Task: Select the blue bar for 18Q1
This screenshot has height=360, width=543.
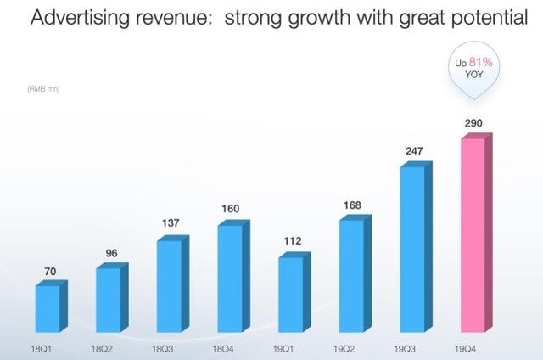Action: [x=48, y=309]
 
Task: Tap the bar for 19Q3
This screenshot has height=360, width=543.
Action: [x=411, y=250]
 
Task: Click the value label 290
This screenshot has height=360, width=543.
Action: [x=473, y=124]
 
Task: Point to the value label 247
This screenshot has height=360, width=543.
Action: [x=414, y=151]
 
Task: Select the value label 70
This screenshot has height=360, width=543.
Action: [x=49, y=272]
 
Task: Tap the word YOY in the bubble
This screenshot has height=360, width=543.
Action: [x=473, y=74]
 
